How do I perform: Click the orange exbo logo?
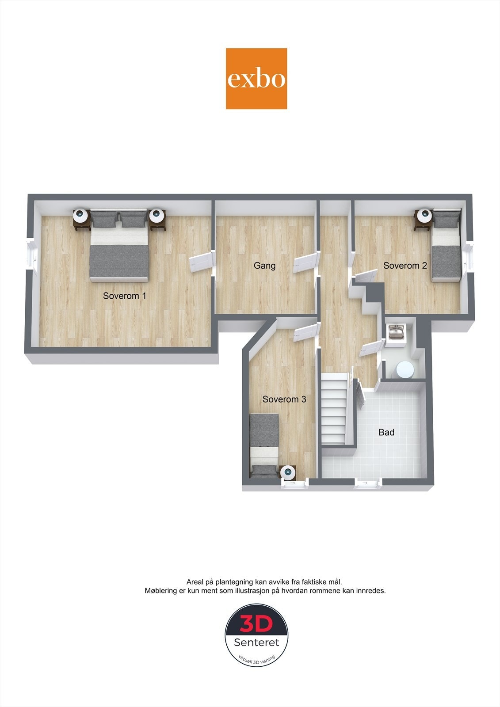(256, 79)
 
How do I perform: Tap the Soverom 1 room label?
(124, 296)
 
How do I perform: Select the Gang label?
(264, 266)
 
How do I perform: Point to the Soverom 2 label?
(405, 266)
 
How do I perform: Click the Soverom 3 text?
(284, 399)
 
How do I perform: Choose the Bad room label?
(386, 433)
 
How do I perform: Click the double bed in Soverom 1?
(118, 247)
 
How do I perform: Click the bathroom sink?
(396, 332)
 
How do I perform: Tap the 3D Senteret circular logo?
(256, 635)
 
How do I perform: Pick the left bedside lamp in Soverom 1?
(80, 215)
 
